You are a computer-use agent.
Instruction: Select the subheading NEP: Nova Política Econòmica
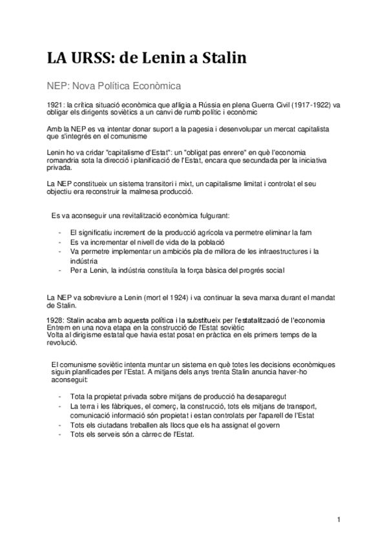[x=112, y=85]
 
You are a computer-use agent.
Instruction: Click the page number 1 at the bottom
[x=338, y=520]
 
